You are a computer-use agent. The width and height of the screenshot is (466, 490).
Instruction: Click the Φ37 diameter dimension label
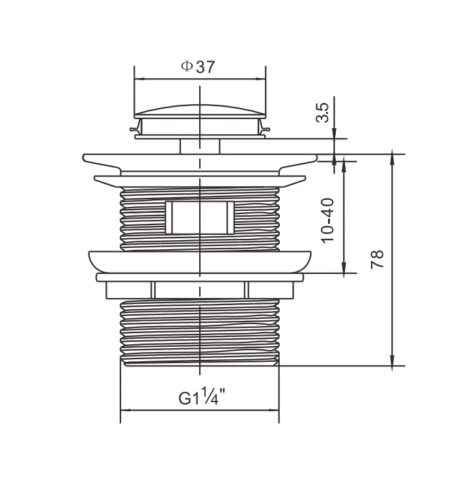[x=198, y=66]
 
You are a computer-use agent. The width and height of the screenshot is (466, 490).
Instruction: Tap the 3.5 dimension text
[x=323, y=113]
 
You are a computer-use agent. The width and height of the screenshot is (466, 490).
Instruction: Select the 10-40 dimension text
[x=327, y=221]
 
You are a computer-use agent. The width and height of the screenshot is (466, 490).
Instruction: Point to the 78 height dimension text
[x=377, y=259]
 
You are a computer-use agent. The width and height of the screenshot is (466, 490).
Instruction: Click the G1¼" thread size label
[x=202, y=396]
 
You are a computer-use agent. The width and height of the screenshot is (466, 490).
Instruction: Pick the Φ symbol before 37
[x=187, y=66]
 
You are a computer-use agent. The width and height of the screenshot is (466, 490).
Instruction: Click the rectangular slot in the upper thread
[x=199, y=217]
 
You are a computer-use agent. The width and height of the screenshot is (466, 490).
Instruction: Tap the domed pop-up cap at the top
[x=200, y=111]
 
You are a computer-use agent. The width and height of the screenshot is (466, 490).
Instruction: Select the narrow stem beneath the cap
[x=200, y=146]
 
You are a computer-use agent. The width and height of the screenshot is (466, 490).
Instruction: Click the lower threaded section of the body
[x=200, y=332]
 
